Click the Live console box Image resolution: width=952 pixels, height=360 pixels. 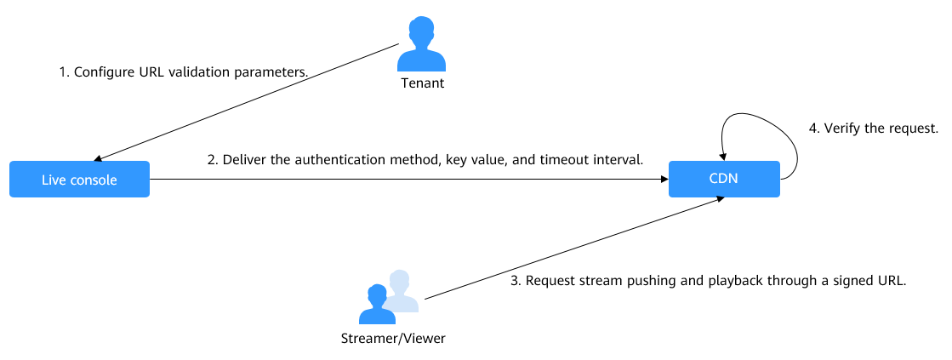[79, 180]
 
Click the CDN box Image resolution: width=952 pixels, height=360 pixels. [723, 180]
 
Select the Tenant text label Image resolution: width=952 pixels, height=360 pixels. [423, 84]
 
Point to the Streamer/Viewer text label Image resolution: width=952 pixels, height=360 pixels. [388, 339]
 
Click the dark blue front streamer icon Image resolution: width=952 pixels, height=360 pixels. [377, 306]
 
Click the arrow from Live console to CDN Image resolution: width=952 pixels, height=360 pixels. [408, 180]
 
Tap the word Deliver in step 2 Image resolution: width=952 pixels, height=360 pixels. [247, 160]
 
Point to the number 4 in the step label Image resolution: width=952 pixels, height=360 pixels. [812, 129]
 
